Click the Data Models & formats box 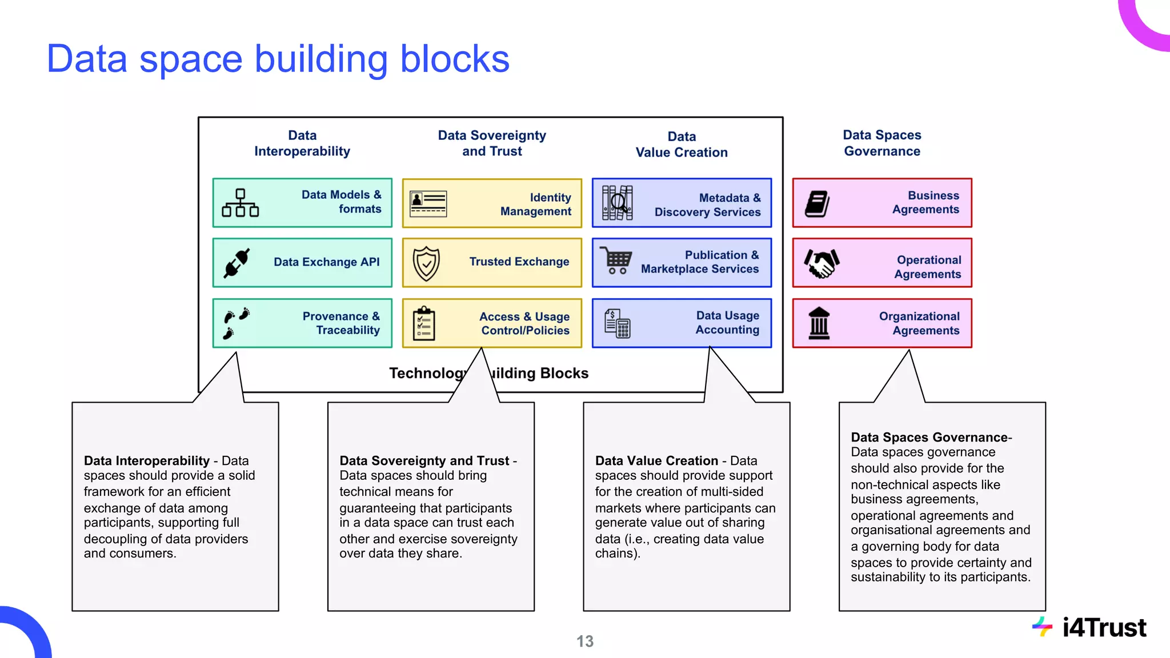302,203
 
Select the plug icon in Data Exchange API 237,263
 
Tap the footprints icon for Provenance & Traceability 236,323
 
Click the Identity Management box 492,203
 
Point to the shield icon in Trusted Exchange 426,263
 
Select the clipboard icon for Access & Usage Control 424,323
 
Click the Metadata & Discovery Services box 682,203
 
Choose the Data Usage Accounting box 682,323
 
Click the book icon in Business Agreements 818,204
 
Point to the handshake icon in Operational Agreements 822,263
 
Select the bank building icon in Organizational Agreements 819,323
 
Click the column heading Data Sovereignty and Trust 492,143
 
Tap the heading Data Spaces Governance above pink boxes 882,143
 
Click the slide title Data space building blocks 278,59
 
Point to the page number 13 584,641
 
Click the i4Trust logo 1090,628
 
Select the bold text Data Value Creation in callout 656,461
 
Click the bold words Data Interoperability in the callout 147,461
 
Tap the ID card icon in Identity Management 428,204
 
